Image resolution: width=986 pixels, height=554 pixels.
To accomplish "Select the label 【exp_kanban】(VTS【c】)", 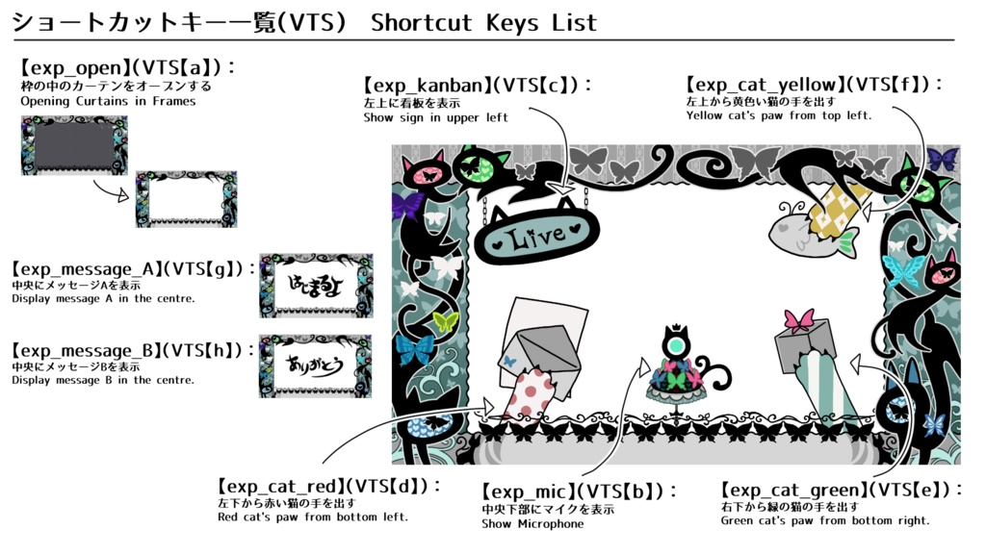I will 478,86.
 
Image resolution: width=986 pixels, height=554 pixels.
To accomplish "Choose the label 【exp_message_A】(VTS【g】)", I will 133,269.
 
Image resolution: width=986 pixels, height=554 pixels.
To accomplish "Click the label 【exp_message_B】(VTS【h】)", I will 133,351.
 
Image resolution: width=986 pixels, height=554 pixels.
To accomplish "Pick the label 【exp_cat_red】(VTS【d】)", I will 330,487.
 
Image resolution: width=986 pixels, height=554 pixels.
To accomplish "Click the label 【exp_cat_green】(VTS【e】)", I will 842,491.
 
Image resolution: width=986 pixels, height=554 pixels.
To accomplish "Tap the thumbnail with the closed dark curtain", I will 74,145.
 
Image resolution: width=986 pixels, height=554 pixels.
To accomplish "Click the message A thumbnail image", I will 316,286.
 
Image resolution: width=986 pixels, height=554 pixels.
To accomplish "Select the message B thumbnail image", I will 315,366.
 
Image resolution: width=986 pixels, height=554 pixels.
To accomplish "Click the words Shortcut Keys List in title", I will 483,22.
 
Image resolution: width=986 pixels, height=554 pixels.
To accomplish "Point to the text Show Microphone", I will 532,524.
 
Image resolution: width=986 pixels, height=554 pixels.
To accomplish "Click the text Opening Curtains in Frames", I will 108,101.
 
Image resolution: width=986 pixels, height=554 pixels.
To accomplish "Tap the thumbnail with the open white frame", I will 186,199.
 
